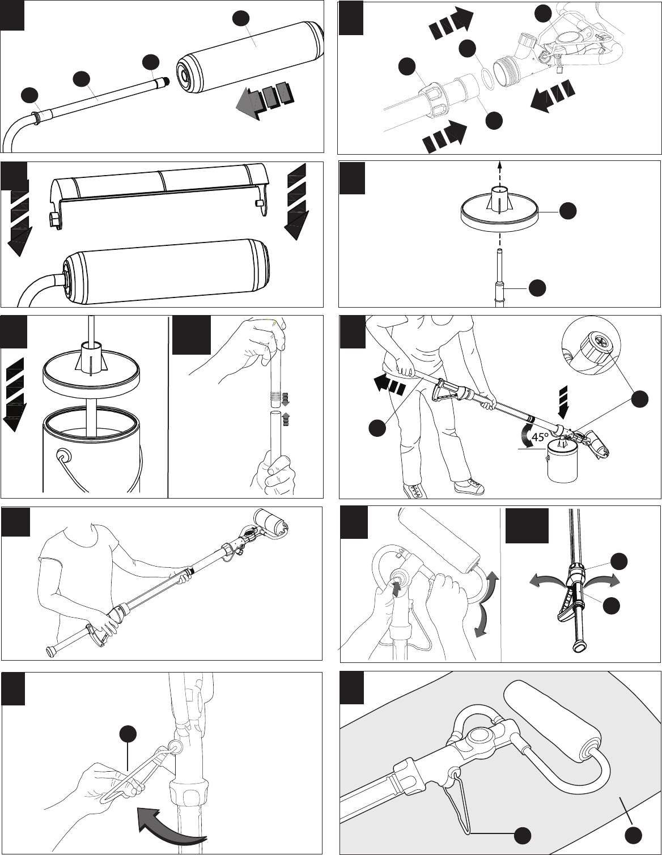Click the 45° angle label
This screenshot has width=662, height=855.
[x=540, y=437]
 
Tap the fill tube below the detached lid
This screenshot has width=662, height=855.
[x=499, y=278]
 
